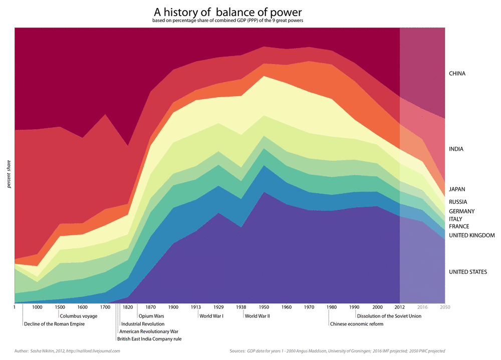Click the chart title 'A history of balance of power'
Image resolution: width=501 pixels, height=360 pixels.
click(x=227, y=12)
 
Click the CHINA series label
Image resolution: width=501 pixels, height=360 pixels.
click(x=457, y=74)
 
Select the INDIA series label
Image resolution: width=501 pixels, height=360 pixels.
click(x=456, y=149)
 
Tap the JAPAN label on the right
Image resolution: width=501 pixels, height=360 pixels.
click(x=457, y=189)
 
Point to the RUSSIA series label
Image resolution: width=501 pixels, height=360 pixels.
click(x=458, y=202)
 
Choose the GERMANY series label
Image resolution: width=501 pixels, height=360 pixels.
click(x=461, y=211)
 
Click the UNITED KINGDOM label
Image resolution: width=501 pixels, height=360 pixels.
click(x=471, y=235)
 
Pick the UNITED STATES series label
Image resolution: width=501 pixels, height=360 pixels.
click(x=468, y=272)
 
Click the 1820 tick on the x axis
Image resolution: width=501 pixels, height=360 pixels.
click(x=127, y=307)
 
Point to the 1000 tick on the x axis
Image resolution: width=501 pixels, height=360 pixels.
click(x=37, y=307)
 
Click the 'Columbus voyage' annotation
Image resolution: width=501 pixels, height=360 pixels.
click(x=78, y=316)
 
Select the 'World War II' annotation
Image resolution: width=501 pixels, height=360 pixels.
click(x=258, y=316)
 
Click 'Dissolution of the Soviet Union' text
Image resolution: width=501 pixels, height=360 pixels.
click(x=389, y=316)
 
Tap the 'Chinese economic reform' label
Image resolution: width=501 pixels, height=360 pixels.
click(x=356, y=324)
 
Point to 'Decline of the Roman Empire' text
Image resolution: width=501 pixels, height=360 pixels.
click(x=54, y=324)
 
